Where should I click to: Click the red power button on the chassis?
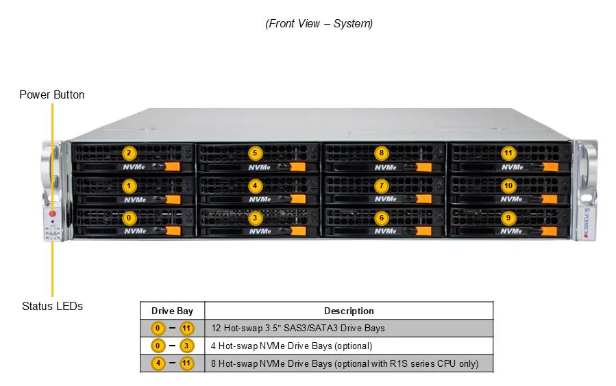pos(52,214)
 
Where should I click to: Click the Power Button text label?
pos(52,95)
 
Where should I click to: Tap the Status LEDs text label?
pos(52,306)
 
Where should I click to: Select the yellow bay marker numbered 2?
pos(129,153)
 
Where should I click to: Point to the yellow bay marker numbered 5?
pos(255,153)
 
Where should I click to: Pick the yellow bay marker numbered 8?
pos(381,153)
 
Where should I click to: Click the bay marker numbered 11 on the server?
pos(508,153)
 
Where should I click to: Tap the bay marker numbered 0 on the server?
pos(129,218)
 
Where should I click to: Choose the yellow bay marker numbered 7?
pos(381,185)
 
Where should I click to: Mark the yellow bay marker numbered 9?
pos(508,218)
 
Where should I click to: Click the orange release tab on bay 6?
pos(423,231)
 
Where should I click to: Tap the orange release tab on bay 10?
pos(550,199)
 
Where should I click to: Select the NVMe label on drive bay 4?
pos(260,199)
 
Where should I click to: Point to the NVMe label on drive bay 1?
pos(135,200)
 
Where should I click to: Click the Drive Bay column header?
pos(172,311)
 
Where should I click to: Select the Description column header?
pos(349,311)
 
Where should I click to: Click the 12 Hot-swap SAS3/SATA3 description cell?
pos(298,328)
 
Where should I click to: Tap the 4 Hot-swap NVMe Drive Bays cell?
pos(291,346)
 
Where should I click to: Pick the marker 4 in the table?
pos(158,363)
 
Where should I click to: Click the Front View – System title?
pos(319,23)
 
